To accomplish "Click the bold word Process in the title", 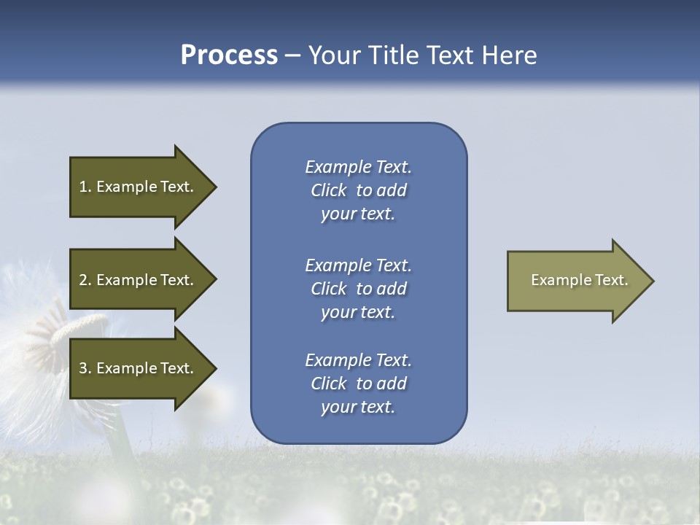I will click(x=229, y=55).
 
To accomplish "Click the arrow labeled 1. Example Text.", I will click(x=139, y=187).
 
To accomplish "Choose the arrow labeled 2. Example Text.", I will click(x=139, y=280).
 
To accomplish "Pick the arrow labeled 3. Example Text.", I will click(x=139, y=368).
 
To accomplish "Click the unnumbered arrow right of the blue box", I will click(x=576, y=280).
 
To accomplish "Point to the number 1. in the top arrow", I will click(x=85, y=187).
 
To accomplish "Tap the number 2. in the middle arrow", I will click(x=85, y=280).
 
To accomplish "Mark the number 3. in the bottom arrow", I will click(x=85, y=368).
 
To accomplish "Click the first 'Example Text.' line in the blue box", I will click(x=358, y=168).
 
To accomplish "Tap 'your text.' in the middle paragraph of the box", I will click(x=358, y=312).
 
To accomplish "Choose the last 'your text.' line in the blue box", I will click(x=358, y=407).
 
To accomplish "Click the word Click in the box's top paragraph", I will click(x=329, y=191).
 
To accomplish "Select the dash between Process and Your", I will click(x=292, y=55).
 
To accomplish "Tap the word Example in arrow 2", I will click(x=126, y=280).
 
